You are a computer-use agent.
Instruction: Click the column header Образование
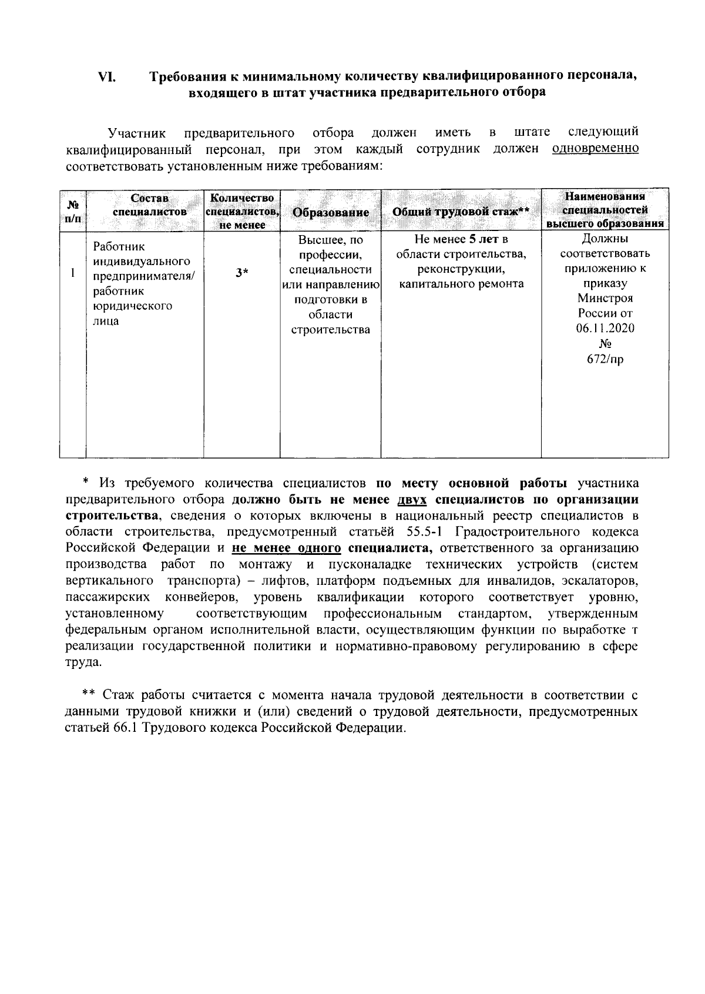click(331, 213)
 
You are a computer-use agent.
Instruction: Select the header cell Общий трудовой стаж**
click(461, 213)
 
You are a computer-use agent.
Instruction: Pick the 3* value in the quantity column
click(241, 272)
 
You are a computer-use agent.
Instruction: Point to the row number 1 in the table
click(72, 272)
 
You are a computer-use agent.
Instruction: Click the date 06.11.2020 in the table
click(605, 328)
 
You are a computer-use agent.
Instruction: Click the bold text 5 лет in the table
click(484, 239)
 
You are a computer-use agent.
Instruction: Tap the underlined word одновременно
click(595, 149)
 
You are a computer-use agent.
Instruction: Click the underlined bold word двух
click(411, 500)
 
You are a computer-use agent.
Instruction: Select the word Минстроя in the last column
click(605, 298)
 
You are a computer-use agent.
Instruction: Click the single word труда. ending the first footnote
click(83, 662)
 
